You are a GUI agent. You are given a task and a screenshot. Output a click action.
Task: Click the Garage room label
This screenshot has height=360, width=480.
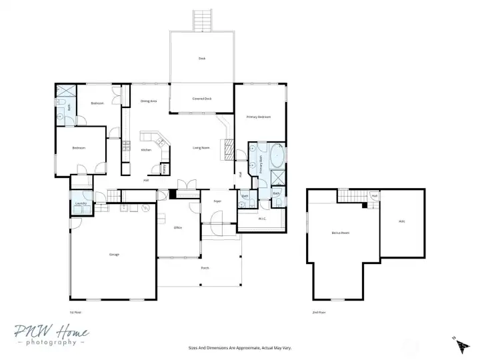click(114, 255)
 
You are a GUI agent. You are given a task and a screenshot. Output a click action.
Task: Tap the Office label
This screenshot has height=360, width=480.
click(178, 227)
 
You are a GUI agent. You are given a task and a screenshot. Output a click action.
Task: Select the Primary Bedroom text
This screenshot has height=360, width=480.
click(259, 117)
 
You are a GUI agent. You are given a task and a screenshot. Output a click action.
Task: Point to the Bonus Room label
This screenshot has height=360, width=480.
click(341, 233)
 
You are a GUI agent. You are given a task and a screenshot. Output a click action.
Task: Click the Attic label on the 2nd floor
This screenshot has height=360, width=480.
click(401, 221)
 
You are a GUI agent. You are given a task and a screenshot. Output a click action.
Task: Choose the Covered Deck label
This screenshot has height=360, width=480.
click(202, 99)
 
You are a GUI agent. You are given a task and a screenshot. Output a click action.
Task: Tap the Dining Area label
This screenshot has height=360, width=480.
click(148, 101)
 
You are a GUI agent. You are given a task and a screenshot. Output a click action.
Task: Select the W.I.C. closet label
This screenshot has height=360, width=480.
click(262, 218)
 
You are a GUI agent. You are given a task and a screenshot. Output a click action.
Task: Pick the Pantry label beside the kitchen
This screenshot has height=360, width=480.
click(165, 168)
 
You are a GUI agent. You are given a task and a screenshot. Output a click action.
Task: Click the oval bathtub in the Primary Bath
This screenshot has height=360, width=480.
click(275, 157)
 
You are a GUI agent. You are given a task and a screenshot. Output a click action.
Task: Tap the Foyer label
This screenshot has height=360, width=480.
click(217, 200)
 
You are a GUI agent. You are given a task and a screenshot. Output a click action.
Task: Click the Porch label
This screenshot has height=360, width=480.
click(205, 268)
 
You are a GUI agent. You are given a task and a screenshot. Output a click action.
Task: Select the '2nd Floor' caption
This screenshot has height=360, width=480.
click(319, 312)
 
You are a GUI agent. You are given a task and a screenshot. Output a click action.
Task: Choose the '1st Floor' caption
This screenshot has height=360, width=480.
click(76, 312)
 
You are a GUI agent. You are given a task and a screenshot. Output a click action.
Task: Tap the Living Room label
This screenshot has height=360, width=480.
click(201, 147)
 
